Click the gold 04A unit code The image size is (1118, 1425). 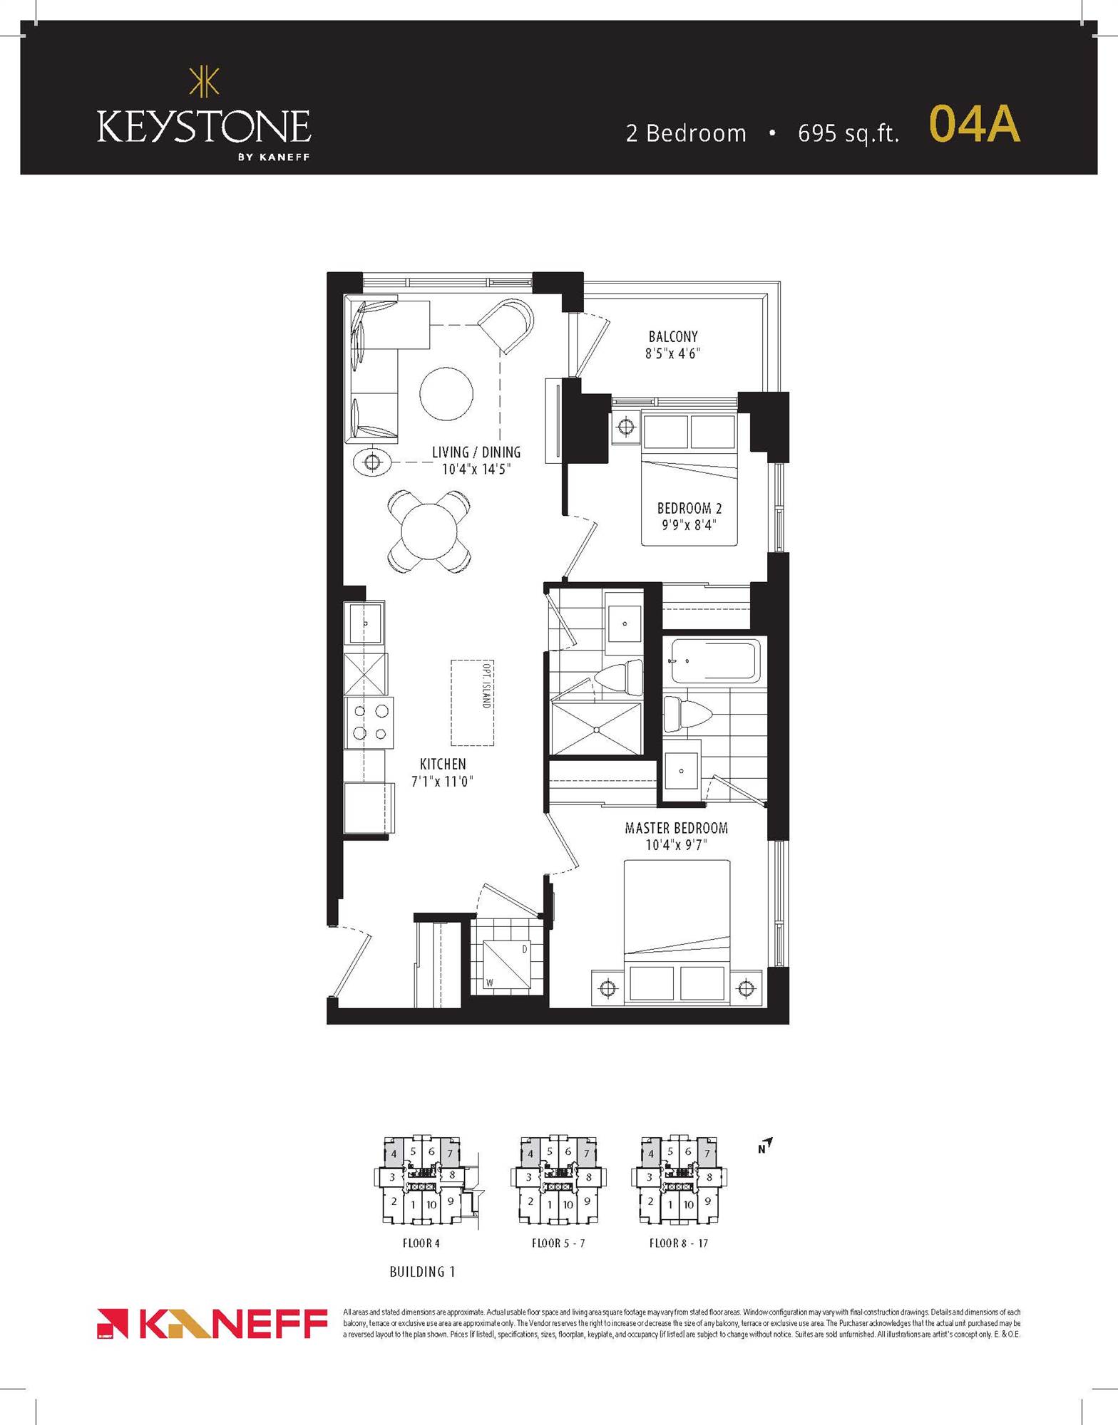click(974, 125)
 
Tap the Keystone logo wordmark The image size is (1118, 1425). click(203, 128)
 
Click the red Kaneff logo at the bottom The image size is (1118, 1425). click(212, 1324)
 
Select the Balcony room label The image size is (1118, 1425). click(672, 336)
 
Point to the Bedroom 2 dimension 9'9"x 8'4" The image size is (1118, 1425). click(688, 526)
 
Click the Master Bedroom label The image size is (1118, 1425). click(676, 828)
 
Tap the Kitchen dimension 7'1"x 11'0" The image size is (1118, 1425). click(442, 782)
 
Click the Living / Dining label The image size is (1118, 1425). click(476, 452)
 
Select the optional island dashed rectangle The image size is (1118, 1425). click(472, 702)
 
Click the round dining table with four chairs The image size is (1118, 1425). click(429, 532)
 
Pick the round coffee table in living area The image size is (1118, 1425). click(446, 394)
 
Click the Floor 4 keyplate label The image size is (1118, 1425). click(421, 1243)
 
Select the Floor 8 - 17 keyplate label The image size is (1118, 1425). click(678, 1243)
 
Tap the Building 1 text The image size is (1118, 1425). click(422, 1271)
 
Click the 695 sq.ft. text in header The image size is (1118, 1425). click(848, 133)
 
